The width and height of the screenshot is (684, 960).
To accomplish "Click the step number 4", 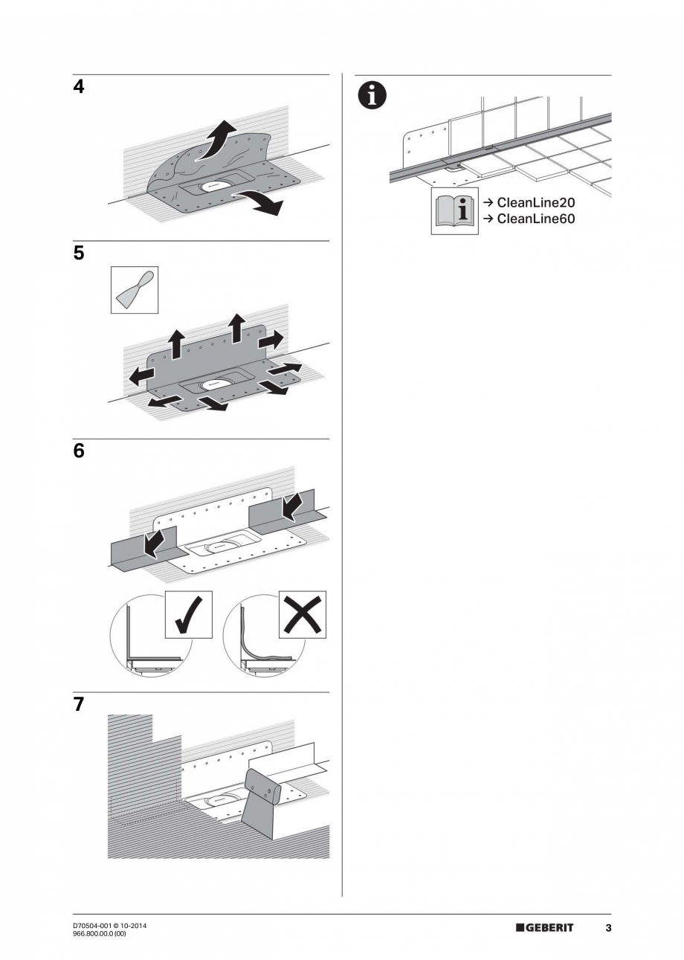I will tap(79, 87).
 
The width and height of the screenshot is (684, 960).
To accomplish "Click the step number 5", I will tap(79, 254).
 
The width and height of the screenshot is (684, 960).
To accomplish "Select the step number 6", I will tap(79, 451).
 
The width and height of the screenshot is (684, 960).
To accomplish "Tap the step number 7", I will tap(79, 705).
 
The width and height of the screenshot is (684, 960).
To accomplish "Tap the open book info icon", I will tap(455, 211).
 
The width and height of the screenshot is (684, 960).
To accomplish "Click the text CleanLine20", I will tap(535, 202).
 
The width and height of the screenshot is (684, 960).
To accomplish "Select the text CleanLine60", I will tap(535, 219).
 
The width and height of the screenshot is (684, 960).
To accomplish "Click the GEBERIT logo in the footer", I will tap(544, 928).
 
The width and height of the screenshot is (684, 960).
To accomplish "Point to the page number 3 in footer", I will tap(607, 928).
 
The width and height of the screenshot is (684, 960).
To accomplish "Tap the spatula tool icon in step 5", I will tap(134, 290).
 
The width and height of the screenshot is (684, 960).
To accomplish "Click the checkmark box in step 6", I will tap(188, 614).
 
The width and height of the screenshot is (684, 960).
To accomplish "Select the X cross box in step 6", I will tap(302, 614).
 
